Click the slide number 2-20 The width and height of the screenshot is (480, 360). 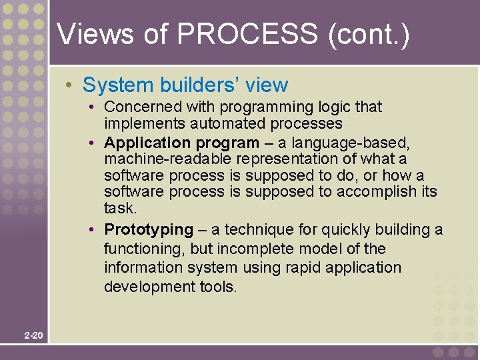pyautogui.click(x=33, y=335)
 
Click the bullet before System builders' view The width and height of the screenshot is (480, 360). pyautogui.click(x=69, y=85)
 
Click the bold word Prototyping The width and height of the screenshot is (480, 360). pyautogui.click(x=149, y=230)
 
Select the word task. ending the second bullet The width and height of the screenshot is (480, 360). pyautogui.click(x=119, y=209)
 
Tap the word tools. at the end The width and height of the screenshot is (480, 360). pyautogui.click(x=218, y=287)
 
